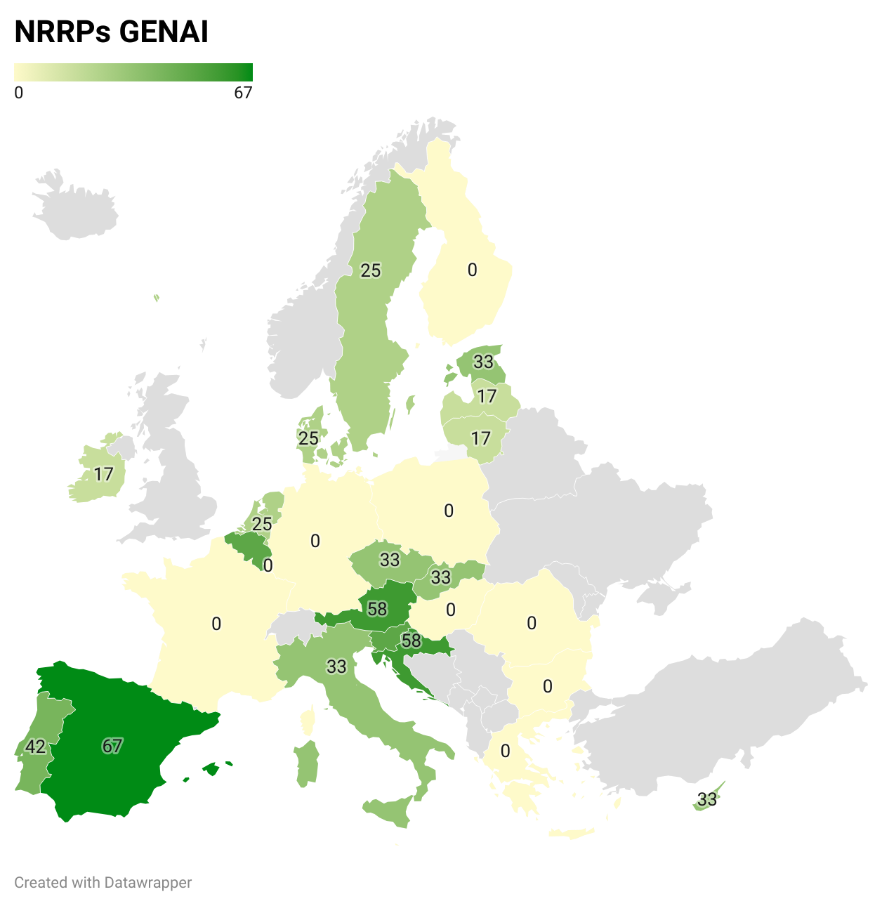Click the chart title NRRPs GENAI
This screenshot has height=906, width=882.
(x=111, y=32)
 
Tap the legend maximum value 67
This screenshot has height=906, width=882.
(x=243, y=93)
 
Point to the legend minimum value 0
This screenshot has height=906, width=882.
(x=19, y=93)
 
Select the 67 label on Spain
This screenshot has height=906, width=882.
(x=112, y=746)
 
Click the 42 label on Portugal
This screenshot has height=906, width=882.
(x=35, y=746)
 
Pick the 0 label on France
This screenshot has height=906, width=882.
(x=216, y=624)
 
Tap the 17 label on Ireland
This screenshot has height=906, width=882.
(x=103, y=475)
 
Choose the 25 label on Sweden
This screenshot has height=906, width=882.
(x=371, y=270)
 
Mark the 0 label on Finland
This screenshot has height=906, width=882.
(x=472, y=270)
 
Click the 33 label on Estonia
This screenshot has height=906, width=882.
(x=483, y=362)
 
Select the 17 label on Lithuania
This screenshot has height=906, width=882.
(x=480, y=439)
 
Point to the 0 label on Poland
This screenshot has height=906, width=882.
(x=449, y=511)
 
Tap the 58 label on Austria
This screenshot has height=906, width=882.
(x=377, y=609)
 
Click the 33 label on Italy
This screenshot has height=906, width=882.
(x=336, y=666)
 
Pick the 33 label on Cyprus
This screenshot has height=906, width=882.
(x=707, y=799)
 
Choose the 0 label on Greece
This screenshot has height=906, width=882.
(x=505, y=751)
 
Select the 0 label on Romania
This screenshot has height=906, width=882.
(x=532, y=623)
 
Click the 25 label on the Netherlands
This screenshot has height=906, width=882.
(x=262, y=524)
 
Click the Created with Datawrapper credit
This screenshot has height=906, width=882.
(x=103, y=883)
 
